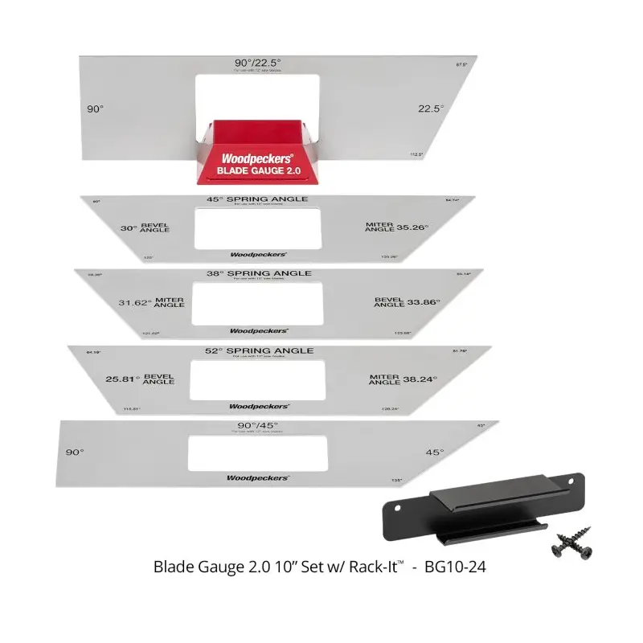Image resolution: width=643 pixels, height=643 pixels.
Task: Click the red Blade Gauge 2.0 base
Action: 250,153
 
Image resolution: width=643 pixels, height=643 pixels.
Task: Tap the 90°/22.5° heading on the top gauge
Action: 258,62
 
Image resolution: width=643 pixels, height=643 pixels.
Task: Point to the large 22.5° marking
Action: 431,109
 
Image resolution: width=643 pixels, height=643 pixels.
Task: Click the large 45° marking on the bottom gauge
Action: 434,453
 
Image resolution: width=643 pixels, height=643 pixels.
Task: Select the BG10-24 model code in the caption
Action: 459,567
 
